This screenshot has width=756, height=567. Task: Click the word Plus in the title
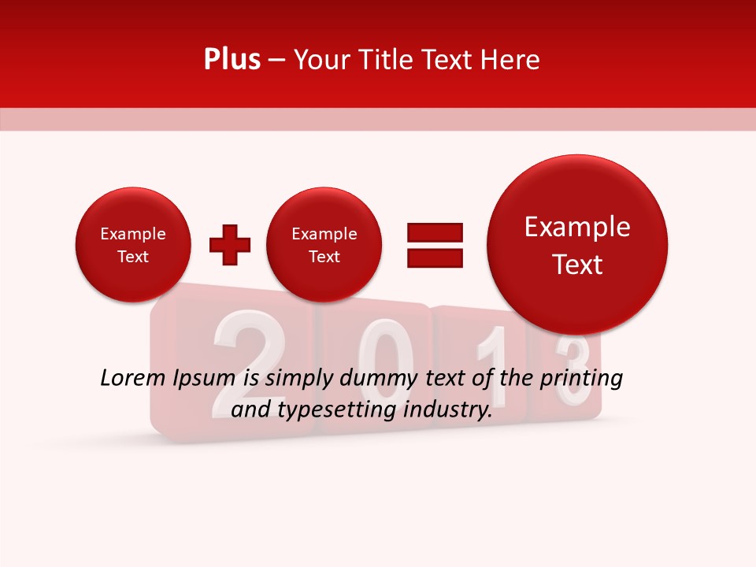coord(232,60)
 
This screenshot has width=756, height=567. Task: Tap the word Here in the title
coord(510,60)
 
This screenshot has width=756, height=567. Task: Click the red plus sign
coord(230,245)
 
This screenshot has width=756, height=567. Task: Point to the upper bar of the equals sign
coord(435,232)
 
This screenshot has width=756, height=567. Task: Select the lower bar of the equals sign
coord(435,257)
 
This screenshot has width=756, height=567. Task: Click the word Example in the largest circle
coord(577,227)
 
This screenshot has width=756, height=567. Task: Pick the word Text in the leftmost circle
coord(133,257)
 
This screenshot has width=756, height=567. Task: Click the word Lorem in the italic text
coord(132,379)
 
